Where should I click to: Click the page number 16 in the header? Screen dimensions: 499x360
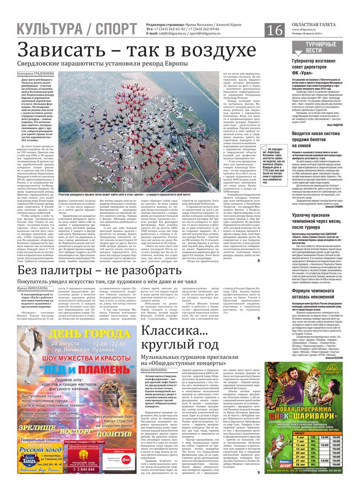point(275,30)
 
